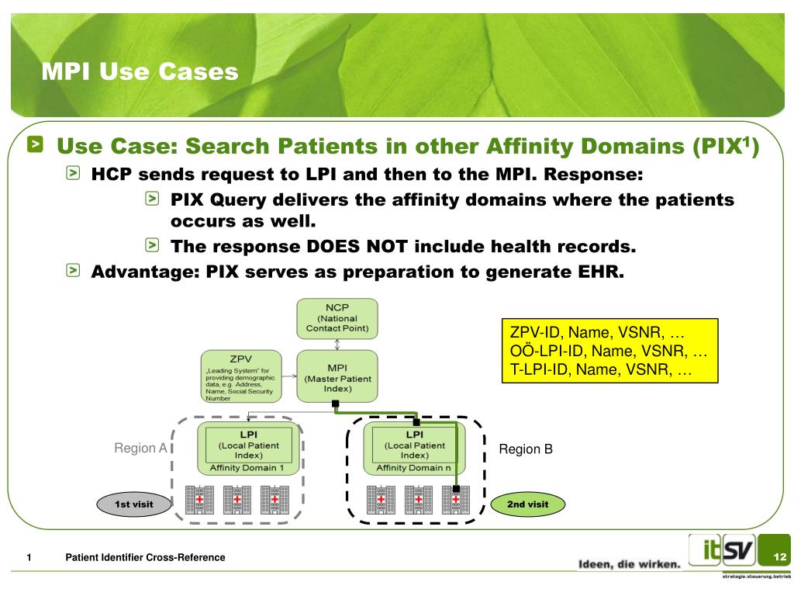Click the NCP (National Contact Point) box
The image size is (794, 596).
(x=337, y=318)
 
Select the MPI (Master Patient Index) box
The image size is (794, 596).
(x=337, y=376)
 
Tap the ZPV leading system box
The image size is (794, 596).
(x=240, y=377)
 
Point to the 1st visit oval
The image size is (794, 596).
(x=133, y=504)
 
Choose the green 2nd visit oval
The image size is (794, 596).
(x=527, y=504)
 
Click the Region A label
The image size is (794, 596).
(x=140, y=449)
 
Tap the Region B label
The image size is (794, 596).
(x=525, y=449)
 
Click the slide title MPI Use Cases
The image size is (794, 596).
(x=140, y=72)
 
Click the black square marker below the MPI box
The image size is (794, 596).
(x=336, y=404)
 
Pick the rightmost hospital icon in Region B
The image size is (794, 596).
(x=456, y=500)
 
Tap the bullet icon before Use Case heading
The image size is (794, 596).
(x=37, y=144)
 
